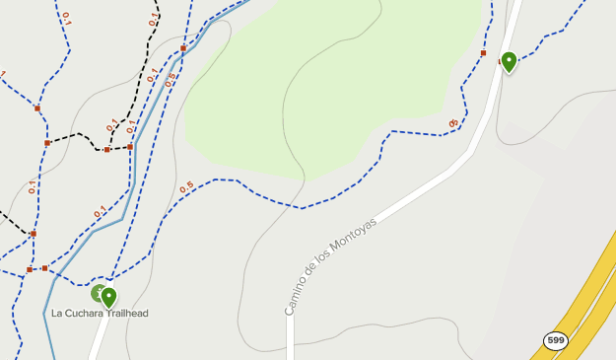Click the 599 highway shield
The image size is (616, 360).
click(556, 340)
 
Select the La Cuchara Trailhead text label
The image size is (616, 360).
click(100, 314)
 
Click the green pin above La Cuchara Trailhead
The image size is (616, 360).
click(108, 296)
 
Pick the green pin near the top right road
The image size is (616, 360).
click(509, 61)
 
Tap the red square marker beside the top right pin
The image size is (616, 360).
click(483, 53)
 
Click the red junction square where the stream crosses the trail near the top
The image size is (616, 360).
click(183, 47)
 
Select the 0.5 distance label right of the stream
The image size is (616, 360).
click(171, 79)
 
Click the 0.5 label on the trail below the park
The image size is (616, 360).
click(187, 186)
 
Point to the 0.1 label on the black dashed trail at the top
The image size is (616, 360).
click(153, 18)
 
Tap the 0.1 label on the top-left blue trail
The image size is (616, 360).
click(66, 17)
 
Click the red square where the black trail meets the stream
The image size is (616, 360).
click(130, 147)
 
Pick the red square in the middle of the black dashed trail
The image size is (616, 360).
click(106, 150)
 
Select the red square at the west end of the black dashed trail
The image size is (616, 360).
click(47, 143)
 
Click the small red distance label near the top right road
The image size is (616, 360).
click(453, 123)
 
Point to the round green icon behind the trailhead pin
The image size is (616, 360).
click(98, 293)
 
